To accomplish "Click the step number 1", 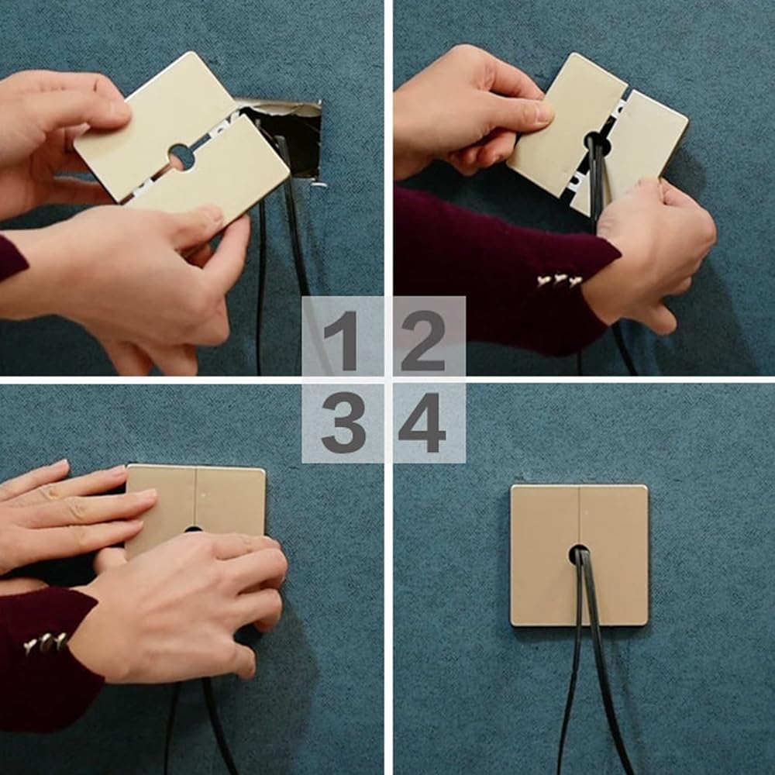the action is coord(341,340).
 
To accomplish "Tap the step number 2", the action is coord(423,340).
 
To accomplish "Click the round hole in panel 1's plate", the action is coord(181,157).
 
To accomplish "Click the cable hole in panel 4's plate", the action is coord(578,555).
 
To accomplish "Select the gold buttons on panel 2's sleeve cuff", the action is coord(559,281).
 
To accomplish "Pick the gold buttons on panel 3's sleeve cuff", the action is coord(46,642).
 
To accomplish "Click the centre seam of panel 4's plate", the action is coord(579,514).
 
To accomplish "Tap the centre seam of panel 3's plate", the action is coord(196,497).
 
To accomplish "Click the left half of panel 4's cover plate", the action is coord(545,555).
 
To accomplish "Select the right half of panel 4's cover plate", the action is coord(614,555).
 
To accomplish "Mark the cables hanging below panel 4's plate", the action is coord(593,663).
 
